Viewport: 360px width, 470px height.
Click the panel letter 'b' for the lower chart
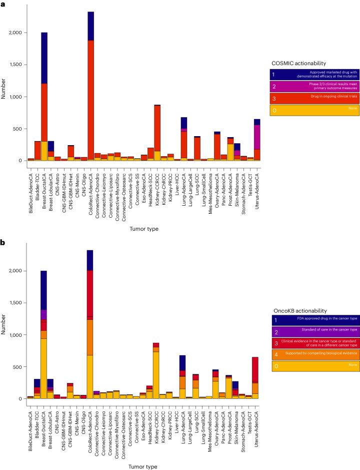coord(2,242)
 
